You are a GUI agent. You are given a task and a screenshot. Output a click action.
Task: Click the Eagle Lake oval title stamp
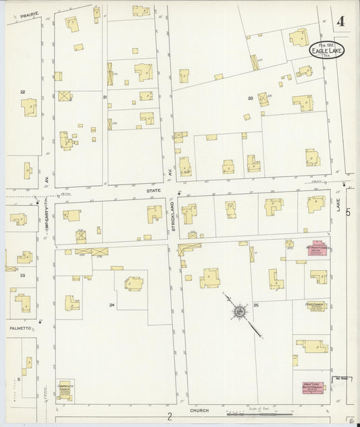326,50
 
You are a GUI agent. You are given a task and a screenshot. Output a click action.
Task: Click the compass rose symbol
240,312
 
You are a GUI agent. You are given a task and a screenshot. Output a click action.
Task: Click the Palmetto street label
20,328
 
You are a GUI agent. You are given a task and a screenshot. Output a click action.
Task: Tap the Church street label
199,410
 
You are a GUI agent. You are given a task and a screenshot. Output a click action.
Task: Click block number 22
22,91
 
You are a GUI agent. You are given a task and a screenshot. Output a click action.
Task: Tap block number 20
250,98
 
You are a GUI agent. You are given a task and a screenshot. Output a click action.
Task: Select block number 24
111,305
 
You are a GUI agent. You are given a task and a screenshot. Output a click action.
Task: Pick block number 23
22,275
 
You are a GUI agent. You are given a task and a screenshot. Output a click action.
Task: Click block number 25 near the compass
257,306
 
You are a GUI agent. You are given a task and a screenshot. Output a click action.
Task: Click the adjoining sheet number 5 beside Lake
349,213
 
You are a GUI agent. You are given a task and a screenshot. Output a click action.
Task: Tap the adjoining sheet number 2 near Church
170,417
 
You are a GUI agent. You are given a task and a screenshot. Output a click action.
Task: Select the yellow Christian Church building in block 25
315,306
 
